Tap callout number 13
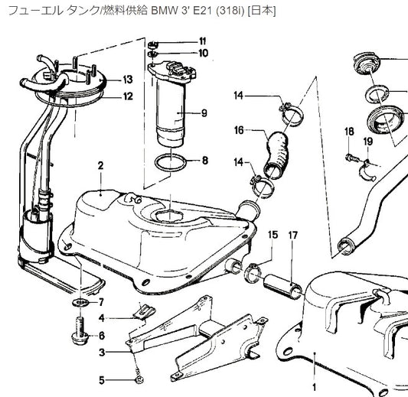point(128,79)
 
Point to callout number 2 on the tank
point(100,164)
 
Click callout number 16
point(239,131)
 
